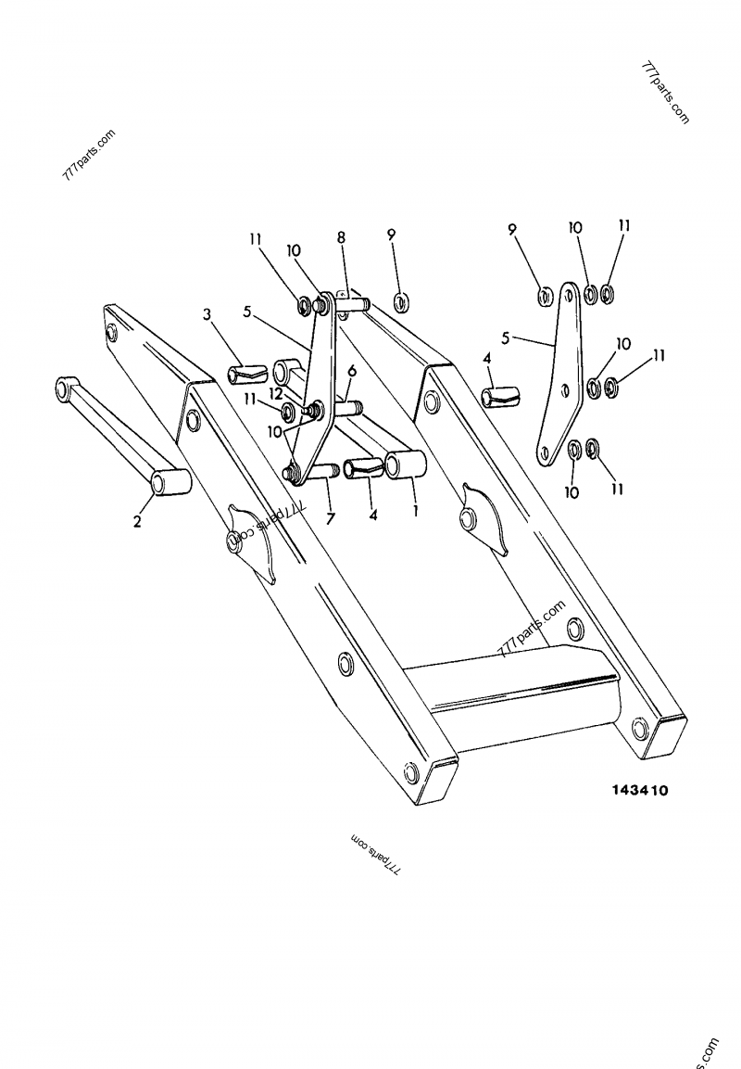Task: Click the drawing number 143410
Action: tap(639, 791)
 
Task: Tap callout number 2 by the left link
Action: tap(137, 522)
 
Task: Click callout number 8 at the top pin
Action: tap(342, 238)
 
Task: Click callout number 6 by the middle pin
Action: tap(351, 370)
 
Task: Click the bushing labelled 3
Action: tap(245, 375)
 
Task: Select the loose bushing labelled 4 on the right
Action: tap(498, 397)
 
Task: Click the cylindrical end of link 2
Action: tap(170, 482)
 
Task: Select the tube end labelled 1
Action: tap(405, 465)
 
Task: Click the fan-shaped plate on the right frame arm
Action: tap(485, 520)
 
